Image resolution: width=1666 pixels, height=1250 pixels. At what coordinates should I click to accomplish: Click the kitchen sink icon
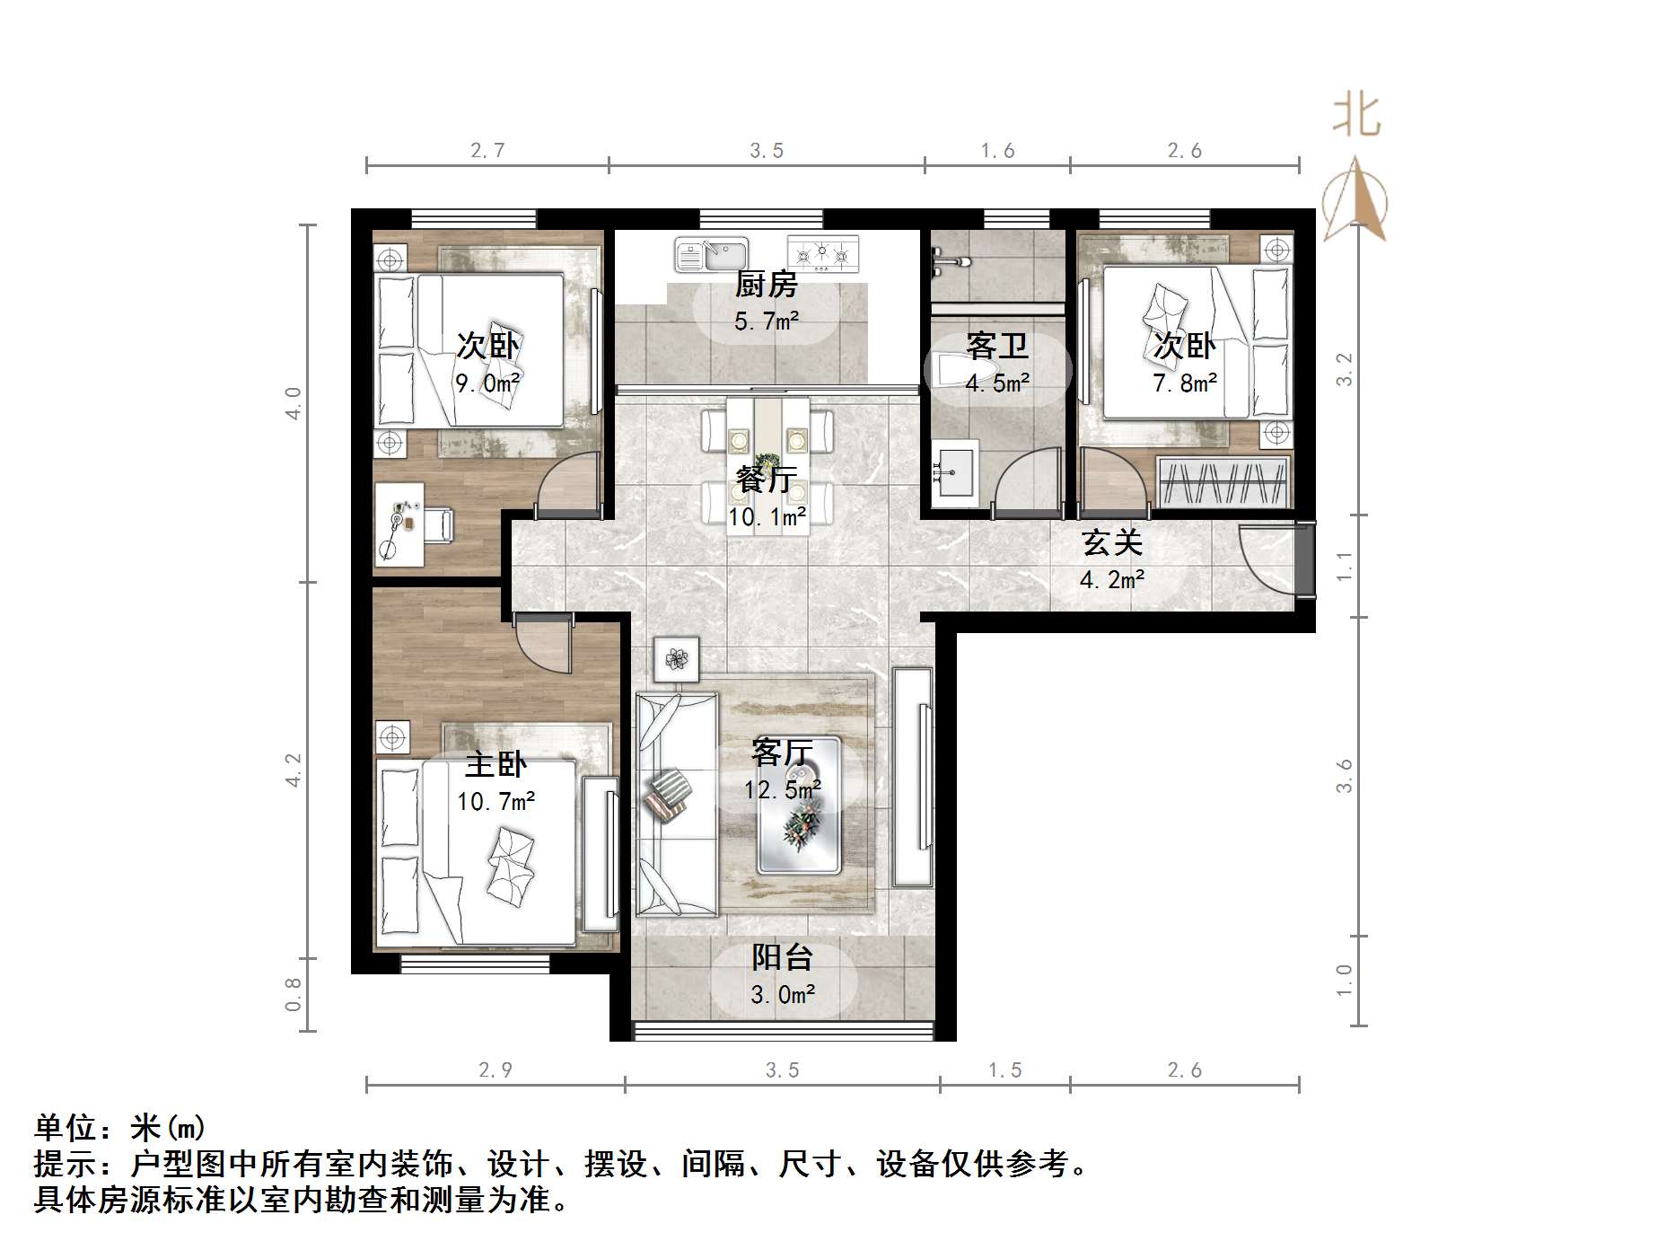[711, 254]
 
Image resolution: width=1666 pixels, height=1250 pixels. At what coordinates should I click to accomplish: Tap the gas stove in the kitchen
[822, 254]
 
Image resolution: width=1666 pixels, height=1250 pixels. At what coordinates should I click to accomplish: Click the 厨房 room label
[766, 286]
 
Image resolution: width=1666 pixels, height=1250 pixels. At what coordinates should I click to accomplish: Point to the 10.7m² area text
[496, 801]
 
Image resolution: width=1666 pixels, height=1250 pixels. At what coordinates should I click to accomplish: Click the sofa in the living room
[676, 804]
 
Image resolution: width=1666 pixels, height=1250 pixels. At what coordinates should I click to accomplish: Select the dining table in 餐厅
[767, 467]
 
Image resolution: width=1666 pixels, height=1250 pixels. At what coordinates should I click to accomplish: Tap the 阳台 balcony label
[782, 957]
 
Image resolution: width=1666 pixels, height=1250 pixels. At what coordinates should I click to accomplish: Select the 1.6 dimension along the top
[997, 151]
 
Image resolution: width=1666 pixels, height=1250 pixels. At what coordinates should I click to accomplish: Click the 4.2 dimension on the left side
[294, 770]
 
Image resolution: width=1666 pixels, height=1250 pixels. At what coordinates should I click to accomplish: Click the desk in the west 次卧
[399, 524]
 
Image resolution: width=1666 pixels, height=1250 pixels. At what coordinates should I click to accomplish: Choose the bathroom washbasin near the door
[954, 469]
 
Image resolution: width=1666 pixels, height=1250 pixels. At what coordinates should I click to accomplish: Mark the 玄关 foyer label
[1111, 543]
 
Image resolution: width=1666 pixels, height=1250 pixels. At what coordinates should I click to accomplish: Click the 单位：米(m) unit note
[120, 1127]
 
